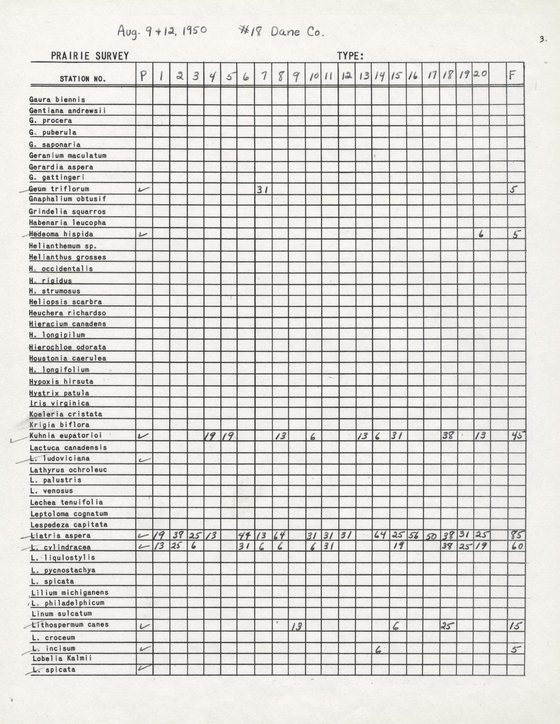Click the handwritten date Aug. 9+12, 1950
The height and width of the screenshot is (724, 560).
pos(161,31)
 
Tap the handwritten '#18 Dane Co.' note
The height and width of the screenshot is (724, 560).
pos(281,31)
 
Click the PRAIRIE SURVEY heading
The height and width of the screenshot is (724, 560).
pos(90,56)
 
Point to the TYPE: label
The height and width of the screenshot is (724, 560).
pos(350,56)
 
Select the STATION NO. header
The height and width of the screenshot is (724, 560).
pos(82,79)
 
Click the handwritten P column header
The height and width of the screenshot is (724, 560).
pos(144,76)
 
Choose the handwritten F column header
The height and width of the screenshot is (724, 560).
pos(514,76)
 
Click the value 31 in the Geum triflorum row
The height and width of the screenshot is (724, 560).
pos(263,189)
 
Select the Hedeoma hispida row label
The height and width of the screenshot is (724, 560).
pos(61,234)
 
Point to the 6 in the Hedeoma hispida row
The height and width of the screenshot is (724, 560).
pos(480,235)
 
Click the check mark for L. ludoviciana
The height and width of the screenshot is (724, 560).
pos(144,460)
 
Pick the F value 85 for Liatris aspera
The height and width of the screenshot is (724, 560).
pos(515,536)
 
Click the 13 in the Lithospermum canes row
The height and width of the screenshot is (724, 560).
pos(296,626)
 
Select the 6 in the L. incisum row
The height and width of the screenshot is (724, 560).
pos(378,650)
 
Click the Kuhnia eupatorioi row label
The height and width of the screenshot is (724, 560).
pos(66,435)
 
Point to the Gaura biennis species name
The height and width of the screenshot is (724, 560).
pos(57,100)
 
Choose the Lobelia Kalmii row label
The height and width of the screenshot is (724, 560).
pos(62,658)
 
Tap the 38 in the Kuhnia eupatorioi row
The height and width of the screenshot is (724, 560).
pos(447,435)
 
